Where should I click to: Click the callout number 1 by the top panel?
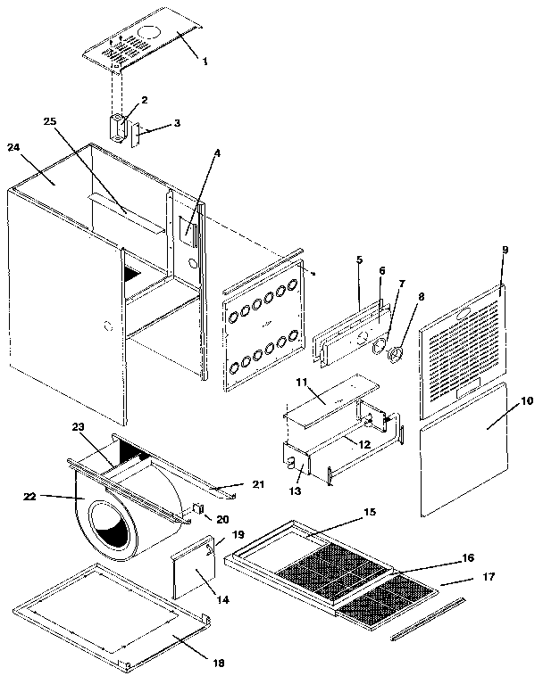coord(204,62)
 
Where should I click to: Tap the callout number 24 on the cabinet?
coord(13,148)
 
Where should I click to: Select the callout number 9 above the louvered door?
coord(505,251)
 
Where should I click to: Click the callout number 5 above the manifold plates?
coord(359,260)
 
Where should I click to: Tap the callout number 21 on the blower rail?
coord(258,484)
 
